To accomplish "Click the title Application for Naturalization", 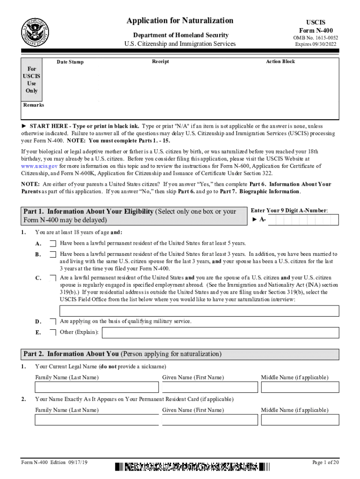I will click(180, 21).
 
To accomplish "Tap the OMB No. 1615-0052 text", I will click(316, 38).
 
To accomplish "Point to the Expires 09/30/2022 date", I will click(316, 44).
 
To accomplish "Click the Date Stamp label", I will click(70, 62).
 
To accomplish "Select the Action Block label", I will click(281, 61).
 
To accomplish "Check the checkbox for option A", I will click(53, 243).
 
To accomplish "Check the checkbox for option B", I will click(53, 254).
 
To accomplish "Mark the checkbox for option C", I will click(53, 278).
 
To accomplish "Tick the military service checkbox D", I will click(53, 321).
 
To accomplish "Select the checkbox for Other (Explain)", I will click(53, 333).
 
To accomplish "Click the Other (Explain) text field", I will click(220, 333).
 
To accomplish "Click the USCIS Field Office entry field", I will click(199, 311).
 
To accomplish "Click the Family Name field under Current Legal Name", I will click(96, 387).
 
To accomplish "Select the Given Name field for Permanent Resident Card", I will click(209, 420).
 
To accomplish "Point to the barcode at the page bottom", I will click(192, 466).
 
